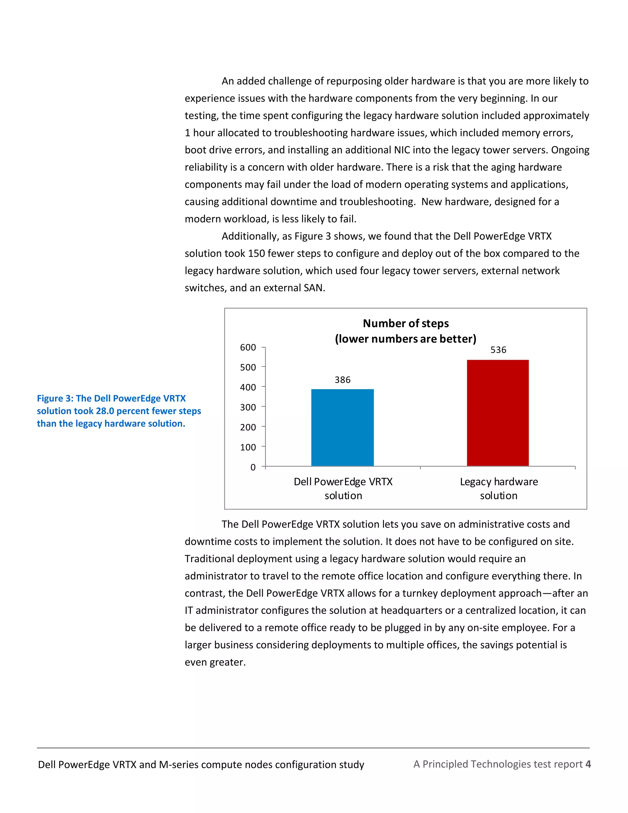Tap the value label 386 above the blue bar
(342, 380)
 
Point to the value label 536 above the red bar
(498, 350)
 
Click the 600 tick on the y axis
(248, 347)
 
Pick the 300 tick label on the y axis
(248, 407)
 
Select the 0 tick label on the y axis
(253, 467)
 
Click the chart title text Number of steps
(405, 323)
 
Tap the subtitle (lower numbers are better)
(405, 339)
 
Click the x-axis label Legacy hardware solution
(499, 488)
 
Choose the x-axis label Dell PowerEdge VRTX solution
(343, 488)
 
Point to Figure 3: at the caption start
(55, 398)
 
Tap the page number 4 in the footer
(588, 764)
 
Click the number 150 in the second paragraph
(256, 253)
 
